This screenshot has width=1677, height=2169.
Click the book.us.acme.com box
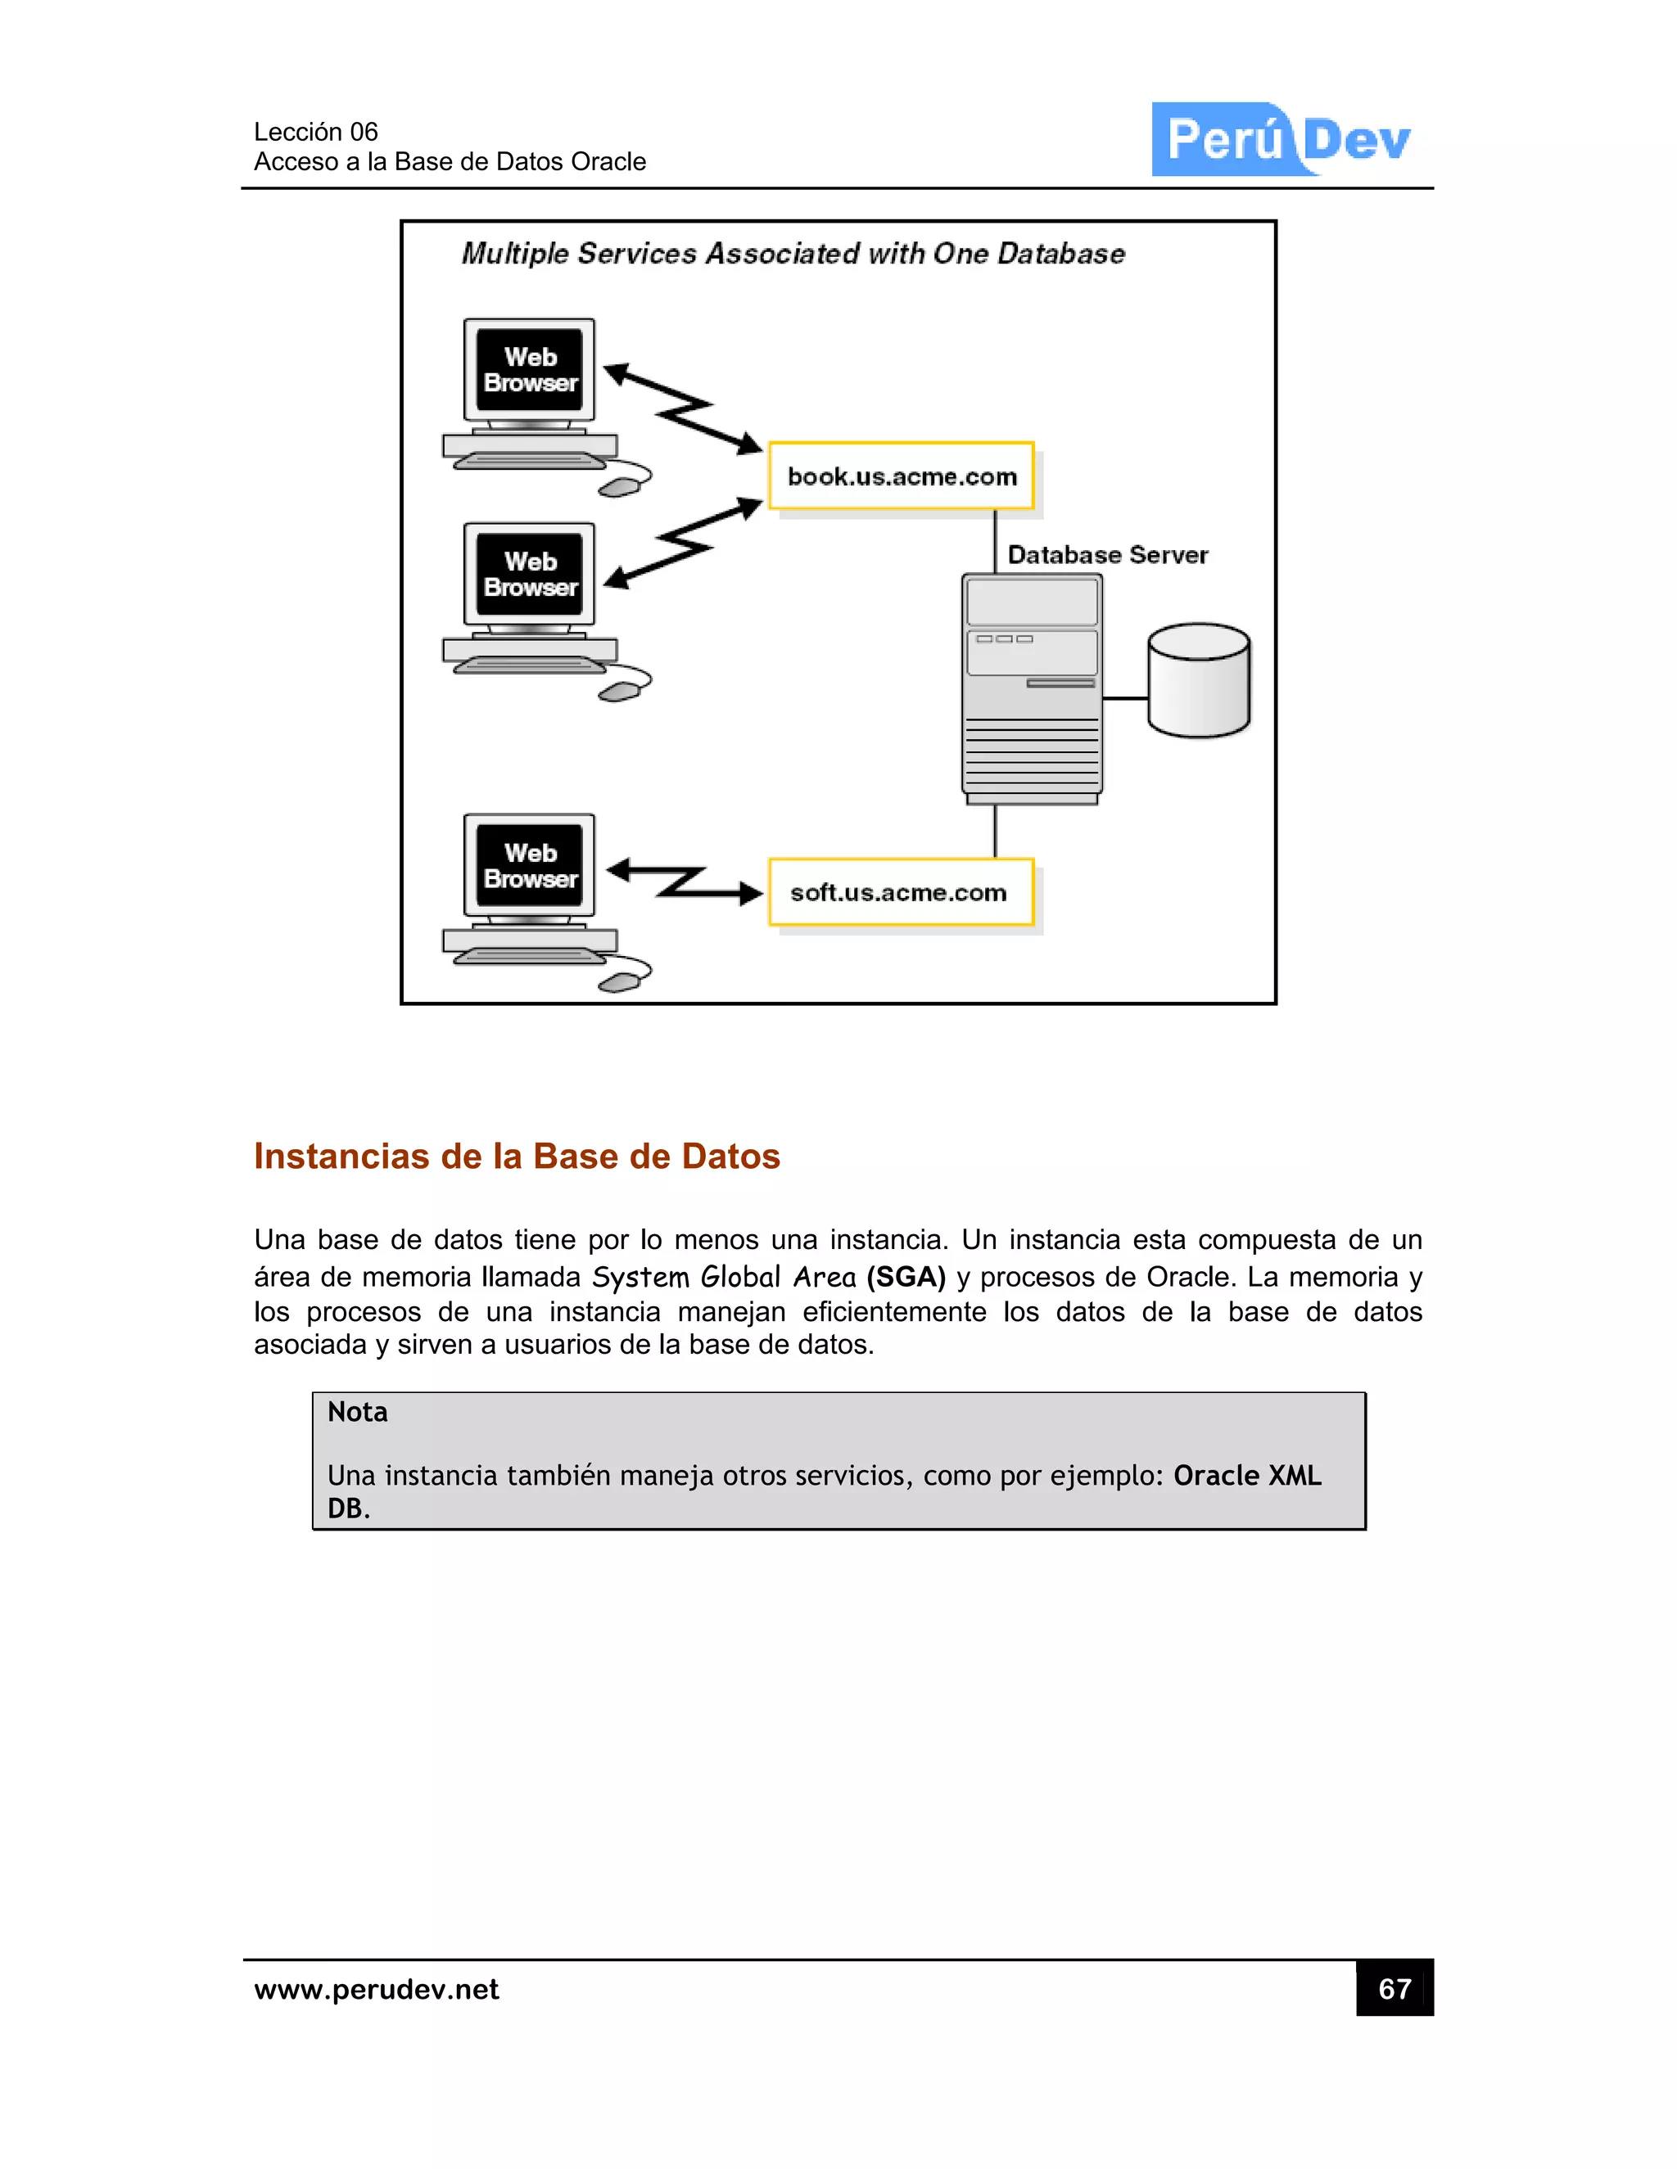click(x=901, y=476)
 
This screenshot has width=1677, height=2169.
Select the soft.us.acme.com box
click(x=901, y=892)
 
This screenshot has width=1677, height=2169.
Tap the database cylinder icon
click(x=1198, y=681)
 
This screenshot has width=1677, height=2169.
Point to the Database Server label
click(x=1107, y=555)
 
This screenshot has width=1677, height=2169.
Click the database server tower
click(x=1031, y=688)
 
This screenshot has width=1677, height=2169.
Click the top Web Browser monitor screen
click(x=530, y=369)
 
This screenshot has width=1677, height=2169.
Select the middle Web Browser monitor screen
click(x=530, y=574)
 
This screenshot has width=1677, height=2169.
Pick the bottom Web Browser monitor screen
click(x=530, y=865)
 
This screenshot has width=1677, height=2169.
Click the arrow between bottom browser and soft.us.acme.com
click(x=685, y=881)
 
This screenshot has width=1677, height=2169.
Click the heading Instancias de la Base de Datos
click(x=517, y=1156)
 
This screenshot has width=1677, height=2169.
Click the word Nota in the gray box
click(x=358, y=1412)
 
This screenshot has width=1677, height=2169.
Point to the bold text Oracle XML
click(x=1247, y=1476)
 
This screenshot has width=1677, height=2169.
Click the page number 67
click(x=1394, y=1988)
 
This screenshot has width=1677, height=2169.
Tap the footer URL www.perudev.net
click(x=377, y=1989)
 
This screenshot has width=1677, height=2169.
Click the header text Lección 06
click(x=316, y=132)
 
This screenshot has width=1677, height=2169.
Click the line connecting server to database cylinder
click(x=1124, y=698)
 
